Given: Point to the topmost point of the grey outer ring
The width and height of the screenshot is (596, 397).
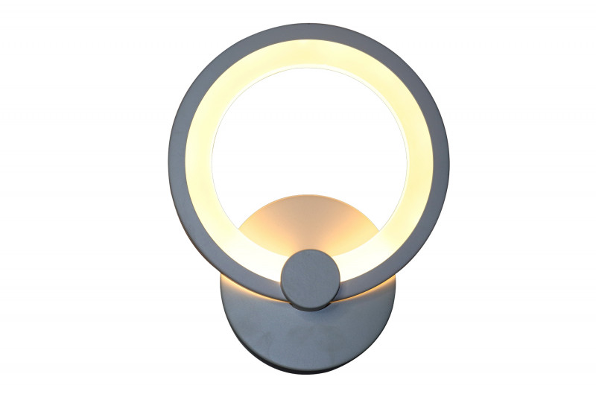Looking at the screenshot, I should click(308, 24).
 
